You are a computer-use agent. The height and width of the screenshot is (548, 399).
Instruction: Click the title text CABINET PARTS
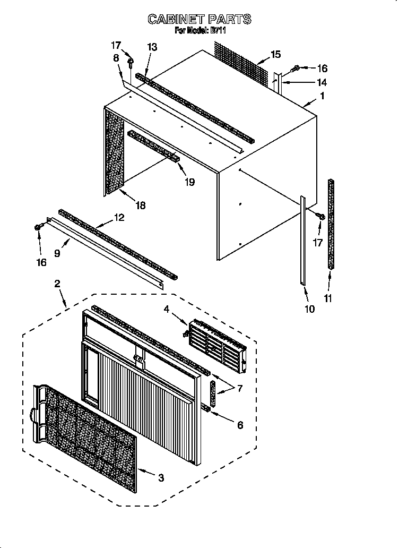tap(199, 20)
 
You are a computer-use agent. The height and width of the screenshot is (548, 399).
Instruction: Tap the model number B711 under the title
tap(219, 31)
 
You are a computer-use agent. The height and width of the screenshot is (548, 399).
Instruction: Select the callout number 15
tap(275, 54)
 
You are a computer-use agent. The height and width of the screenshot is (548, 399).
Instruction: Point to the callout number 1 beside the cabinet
tap(322, 96)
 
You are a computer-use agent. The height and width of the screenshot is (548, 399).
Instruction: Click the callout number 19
tap(189, 182)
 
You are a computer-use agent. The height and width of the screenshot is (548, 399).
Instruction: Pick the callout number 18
tap(141, 205)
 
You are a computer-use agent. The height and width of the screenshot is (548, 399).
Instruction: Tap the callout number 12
tap(119, 217)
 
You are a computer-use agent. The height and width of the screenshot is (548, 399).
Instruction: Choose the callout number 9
tap(57, 254)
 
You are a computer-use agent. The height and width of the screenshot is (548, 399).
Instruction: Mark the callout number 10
tap(309, 309)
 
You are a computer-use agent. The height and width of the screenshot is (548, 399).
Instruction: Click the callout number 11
tap(328, 299)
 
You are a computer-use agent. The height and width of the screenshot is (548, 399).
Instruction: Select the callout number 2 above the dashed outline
tap(57, 284)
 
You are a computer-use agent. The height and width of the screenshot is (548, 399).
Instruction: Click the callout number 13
tap(152, 47)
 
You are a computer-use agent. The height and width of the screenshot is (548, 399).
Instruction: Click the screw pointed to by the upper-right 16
tap(297, 67)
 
